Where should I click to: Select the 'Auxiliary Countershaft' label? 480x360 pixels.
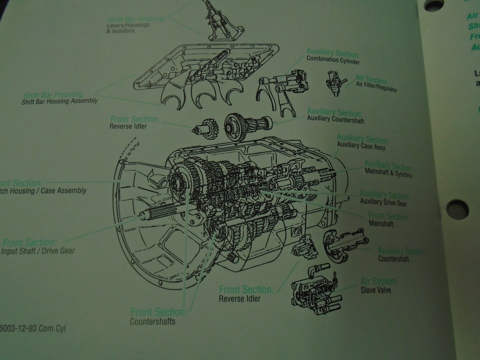[336, 121]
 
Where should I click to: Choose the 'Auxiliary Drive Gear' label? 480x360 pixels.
[383, 203]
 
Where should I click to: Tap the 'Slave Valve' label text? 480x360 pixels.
[375, 289]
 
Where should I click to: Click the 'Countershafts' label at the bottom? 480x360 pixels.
[152, 321]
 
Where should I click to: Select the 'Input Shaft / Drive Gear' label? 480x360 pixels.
[37, 250]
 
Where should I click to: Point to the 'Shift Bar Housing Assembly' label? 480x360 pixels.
[59, 101]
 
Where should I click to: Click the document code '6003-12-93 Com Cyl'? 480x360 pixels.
[33, 328]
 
